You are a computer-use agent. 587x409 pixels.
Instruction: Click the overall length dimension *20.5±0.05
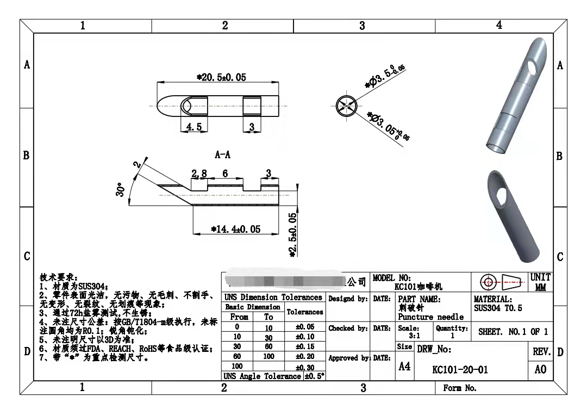[221, 77]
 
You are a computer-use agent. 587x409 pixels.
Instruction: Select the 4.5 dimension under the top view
[193, 127]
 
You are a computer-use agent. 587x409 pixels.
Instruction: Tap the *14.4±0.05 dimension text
[235, 229]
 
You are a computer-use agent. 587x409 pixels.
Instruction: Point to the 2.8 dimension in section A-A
[199, 173]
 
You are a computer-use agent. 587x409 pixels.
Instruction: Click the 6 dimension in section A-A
[225, 173]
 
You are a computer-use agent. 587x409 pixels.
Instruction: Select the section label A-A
[223, 155]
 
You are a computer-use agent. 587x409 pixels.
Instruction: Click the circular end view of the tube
[346, 105]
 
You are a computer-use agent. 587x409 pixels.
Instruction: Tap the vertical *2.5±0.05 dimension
[293, 234]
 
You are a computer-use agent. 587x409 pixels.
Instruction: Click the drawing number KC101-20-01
[460, 370]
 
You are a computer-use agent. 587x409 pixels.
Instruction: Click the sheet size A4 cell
[404, 367]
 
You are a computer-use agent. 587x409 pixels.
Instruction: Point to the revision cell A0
[540, 370]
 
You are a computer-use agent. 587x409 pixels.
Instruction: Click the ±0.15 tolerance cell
[304, 346]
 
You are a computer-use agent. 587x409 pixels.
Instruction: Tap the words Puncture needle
[430, 317]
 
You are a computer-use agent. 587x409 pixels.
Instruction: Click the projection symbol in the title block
[503, 282]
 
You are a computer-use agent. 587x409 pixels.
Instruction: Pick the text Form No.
[460, 388]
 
